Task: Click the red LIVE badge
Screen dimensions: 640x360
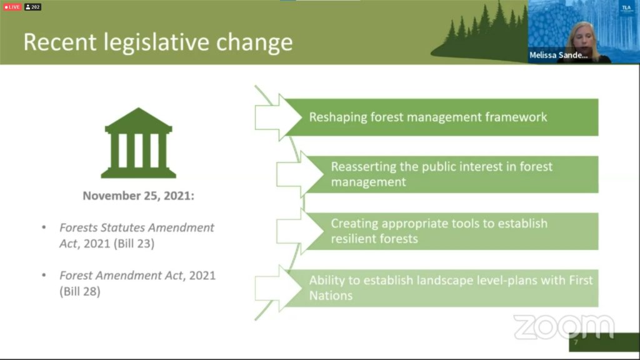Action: (x=12, y=7)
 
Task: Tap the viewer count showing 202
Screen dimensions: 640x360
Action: (x=32, y=7)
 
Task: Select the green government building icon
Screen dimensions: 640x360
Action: (x=138, y=143)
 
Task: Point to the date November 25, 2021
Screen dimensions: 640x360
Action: (x=138, y=196)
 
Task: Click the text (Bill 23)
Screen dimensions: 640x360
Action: (x=134, y=244)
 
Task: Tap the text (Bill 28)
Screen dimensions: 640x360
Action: (x=80, y=291)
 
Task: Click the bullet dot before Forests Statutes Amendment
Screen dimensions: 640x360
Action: (x=44, y=227)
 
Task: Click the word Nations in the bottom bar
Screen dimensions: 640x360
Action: (x=331, y=296)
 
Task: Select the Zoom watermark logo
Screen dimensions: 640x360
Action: (x=564, y=327)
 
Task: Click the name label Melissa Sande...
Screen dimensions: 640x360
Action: (x=558, y=55)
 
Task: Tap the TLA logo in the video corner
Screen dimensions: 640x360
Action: (x=626, y=8)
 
